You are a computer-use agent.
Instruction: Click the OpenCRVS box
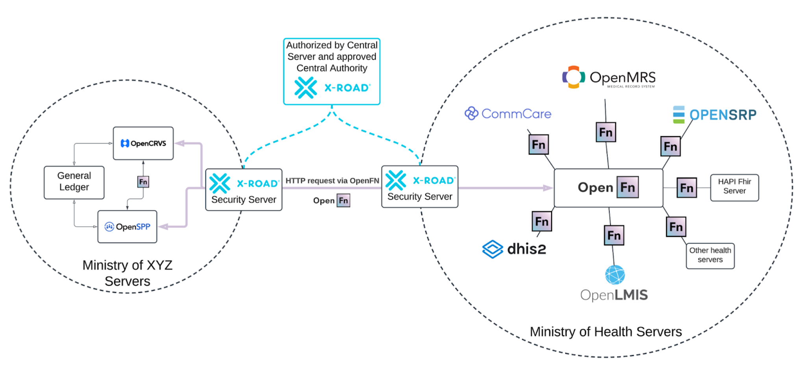pyautogui.click(x=143, y=143)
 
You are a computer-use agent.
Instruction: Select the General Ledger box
pyautogui.click(x=74, y=182)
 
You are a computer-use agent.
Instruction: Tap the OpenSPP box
pyautogui.click(x=127, y=227)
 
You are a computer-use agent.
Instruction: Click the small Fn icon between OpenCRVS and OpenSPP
pyautogui.click(x=143, y=182)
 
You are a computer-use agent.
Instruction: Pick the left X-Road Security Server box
pyautogui.click(x=244, y=190)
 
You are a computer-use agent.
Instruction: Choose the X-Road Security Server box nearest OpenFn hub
pyautogui.click(x=420, y=187)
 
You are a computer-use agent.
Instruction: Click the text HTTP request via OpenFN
pyautogui.click(x=332, y=181)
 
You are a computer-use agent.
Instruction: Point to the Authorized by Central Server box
pyautogui.click(x=331, y=71)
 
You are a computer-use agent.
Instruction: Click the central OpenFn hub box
pyautogui.click(x=608, y=188)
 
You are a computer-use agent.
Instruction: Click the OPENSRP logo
pyautogui.click(x=714, y=115)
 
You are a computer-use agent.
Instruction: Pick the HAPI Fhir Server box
pyautogui.click(x=734, y=187)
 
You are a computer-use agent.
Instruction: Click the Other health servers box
pyautogui.click(x=710, y=255)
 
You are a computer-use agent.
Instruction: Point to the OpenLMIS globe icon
pyautogui.click(x=615, y=275)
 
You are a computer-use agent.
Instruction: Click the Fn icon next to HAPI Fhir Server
pyautogui.click(x=686, y=188)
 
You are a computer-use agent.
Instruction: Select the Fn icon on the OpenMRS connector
pyautogui.click(x=605, y=132)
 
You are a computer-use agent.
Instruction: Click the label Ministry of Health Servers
pyautogui.click(x=605, y=331)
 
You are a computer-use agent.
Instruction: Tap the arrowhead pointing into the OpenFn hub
pyautogui.click(x=548, y=188)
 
